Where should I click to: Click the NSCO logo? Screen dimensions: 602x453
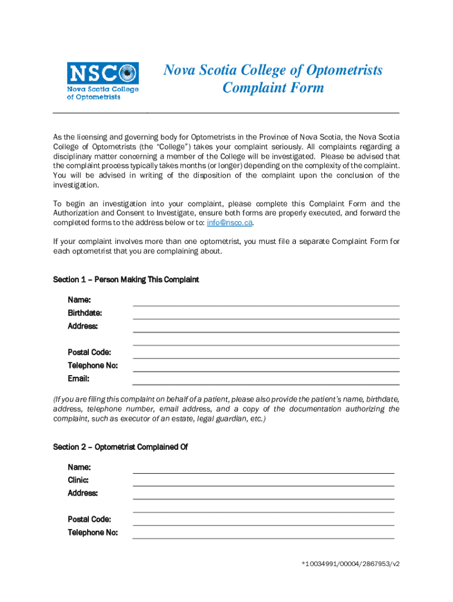tap(103, 81)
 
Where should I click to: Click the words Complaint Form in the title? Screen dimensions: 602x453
tap(273, 88)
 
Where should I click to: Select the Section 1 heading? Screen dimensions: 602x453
tap(126, 280)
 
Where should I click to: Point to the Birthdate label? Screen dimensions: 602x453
tap(85, 313)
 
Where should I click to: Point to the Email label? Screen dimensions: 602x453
tap(78, 379)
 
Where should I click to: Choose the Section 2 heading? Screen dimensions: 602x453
tap(120, 447)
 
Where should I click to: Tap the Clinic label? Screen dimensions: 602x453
tap(78, 480)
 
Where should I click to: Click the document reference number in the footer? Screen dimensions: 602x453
tap(351, 564)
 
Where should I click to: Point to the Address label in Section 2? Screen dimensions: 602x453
tap(83, 493)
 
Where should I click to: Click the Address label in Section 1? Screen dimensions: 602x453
tap(83, 326)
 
